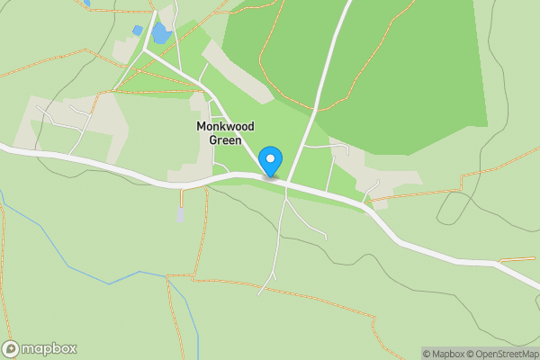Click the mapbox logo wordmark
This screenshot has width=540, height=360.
click(x=49, y=348)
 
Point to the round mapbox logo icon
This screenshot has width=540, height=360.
click(x=11, y=348)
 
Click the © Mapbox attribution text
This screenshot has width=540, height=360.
click(x=445, y=354)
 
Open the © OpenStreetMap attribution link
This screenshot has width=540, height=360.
click(x=503, y=354)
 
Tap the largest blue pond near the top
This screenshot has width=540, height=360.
click(x=161, y=34)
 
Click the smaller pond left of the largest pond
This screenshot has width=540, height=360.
click(x=138, y=31)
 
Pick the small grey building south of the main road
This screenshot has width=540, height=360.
click(x=181, y=214)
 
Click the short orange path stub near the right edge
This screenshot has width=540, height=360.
click(x=517, y=259)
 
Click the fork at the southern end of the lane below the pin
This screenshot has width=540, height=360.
click(x=272, y=272)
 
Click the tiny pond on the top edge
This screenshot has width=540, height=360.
click(x=86, y=4)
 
